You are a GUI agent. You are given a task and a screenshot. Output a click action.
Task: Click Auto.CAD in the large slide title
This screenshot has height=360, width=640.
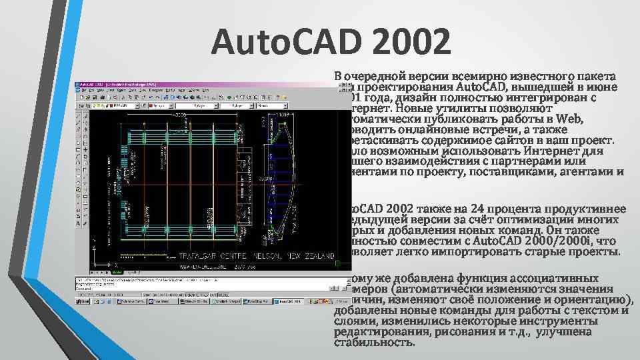coord(277,43)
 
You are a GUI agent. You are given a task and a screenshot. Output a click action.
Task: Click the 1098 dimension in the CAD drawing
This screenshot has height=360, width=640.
coord(283,115)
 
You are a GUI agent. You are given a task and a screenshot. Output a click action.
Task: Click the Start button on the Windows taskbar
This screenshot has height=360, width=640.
coord(84,301)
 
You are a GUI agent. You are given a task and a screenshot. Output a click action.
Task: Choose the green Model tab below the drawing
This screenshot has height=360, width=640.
coord(117,272)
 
